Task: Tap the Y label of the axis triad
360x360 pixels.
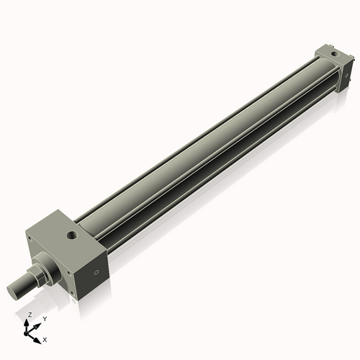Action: [45, 318]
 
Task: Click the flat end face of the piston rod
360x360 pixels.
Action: [14, 292]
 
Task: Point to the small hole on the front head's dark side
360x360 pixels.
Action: [96, 273]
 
